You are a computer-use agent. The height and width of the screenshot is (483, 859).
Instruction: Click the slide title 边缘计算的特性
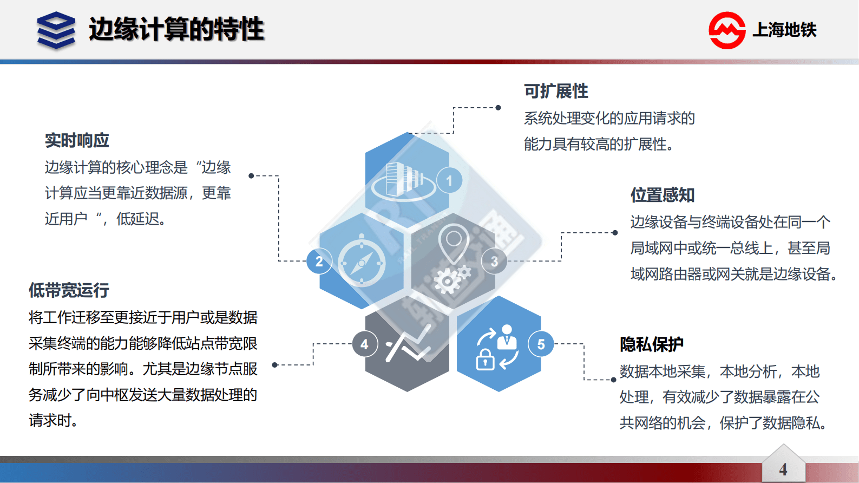click(x=176, y=29)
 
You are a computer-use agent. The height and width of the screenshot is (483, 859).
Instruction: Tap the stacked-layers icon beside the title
click(x=56, y=30)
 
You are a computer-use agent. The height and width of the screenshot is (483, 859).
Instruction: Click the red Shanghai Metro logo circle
click(x=727, y=30)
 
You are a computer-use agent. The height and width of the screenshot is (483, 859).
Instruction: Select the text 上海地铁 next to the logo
click(x=784, y=30)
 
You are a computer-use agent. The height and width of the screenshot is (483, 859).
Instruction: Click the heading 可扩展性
click(x=556, y=91)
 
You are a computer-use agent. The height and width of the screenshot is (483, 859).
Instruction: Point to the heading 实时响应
click(x=77, y=141)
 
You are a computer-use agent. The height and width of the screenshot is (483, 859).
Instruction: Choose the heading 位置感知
click(x=663, y=195)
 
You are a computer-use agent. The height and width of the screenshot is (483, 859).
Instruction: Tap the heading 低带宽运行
click(x=69, y=290)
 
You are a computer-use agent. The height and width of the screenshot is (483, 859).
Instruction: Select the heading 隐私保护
click(x=652, y=344)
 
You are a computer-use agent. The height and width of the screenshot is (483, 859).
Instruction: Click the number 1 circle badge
click(x=449, y=181)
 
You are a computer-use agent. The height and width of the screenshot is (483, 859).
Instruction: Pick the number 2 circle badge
click(x=319, y=262)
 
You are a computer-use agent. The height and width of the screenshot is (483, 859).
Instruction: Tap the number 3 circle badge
click(x=494, y=262)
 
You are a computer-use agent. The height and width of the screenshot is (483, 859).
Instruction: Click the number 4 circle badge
click(x=365, y=344)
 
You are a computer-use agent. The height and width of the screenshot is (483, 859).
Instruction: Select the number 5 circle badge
click(x=541, y=344)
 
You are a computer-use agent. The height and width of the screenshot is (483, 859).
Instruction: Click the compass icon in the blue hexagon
click(x=362, y=263)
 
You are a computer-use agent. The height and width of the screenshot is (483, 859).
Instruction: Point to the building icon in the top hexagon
click(x=404, y=179)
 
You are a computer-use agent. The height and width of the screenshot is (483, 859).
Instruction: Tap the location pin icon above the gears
click(x=454, y=241)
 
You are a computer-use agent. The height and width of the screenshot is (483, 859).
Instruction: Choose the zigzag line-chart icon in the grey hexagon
click(x=408, y=344)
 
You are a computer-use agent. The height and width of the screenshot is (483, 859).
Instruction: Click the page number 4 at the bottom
click(x=783, y=469)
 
